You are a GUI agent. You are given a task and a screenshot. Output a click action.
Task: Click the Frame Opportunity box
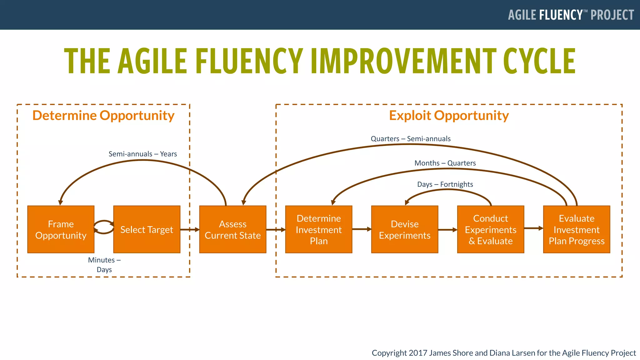[x=61, y=229]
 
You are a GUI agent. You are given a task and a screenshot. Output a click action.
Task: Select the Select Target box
[x=147, y=229]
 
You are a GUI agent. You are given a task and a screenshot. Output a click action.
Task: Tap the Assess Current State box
[x=232, y=229]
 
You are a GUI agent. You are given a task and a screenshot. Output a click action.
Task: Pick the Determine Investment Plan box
[x=318, y=229]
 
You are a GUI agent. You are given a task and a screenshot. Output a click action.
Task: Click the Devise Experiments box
[x=404, y=229]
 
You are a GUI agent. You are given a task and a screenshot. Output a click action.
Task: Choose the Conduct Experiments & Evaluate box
[x=490, y=229]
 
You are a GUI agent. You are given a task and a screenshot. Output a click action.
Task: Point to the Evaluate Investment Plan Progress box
[x=576, y=229]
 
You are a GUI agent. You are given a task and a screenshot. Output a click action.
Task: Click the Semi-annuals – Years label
[x=142, y=154]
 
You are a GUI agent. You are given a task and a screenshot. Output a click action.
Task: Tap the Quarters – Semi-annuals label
[x=410, y=138]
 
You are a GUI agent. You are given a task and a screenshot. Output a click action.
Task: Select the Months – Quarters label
[x=445, y=163]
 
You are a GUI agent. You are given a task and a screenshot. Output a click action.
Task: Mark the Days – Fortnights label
[x=445, y=184]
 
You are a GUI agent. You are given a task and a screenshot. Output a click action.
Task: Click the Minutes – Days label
[x=104, y=264]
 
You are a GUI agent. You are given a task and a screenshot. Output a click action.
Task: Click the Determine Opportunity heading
[x=103, y=115]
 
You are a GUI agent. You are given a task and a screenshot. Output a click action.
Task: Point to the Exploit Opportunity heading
[x=448, y=115]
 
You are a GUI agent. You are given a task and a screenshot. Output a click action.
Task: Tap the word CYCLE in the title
[x=539, y=61]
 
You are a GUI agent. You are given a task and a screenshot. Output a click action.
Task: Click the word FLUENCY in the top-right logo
[x=561, y=15]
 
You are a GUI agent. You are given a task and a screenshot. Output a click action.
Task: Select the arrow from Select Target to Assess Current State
[x=190, y=230]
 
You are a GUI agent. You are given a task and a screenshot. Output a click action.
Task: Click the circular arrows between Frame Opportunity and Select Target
[x=104, y=227]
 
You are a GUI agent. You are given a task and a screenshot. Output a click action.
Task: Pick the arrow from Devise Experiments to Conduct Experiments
[x=447, y=230]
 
